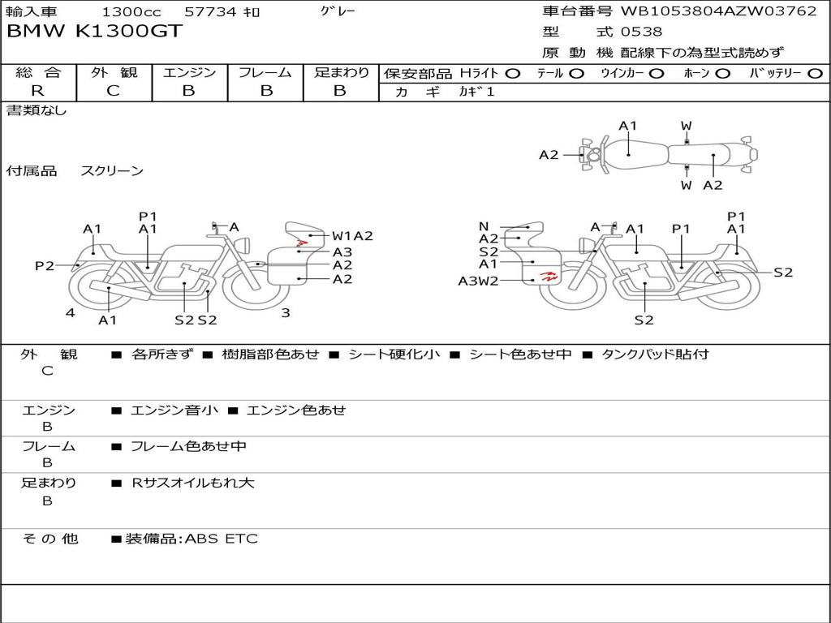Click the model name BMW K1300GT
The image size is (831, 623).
(94, 31)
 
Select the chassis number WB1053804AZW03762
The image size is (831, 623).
(719, 11)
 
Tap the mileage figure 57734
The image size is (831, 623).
(211, 11)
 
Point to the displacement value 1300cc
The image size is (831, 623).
(131, 11)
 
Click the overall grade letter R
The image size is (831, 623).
(37, 91)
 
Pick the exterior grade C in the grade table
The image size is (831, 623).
(114, 91)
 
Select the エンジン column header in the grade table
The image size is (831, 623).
(189, 72)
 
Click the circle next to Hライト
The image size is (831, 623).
(513, 74)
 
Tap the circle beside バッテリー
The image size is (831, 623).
(815, 74)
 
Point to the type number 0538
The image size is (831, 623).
(641, 32)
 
